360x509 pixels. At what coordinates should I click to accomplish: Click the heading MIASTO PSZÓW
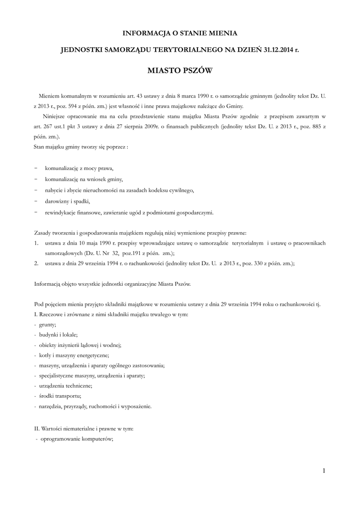pyautogui.click(x=180, y=71)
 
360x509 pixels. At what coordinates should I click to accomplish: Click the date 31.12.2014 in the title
pyautogui.click(x=272, y=50)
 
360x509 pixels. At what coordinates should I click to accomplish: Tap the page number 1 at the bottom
pyautogui.click(x=324, y=470)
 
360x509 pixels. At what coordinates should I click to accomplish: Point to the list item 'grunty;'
pyautogui.click(x=48, y=324)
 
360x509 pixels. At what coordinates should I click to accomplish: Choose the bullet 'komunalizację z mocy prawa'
pyautogui.click(x=79, y=168)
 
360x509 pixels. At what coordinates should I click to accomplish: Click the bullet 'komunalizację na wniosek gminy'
pyautogui.click(x=84, y=179)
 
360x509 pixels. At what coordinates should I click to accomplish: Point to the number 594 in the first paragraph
pyautogui.click(x=72, y=106)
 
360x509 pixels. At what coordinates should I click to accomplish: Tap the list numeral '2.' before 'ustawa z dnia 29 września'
pyautogui.click(x=37, y=264)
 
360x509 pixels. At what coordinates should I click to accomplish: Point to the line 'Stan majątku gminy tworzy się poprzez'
pyautogui.click(x=82, y=148)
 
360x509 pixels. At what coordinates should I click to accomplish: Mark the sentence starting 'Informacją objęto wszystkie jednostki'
pyautogui.click(x=112, y=284)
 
